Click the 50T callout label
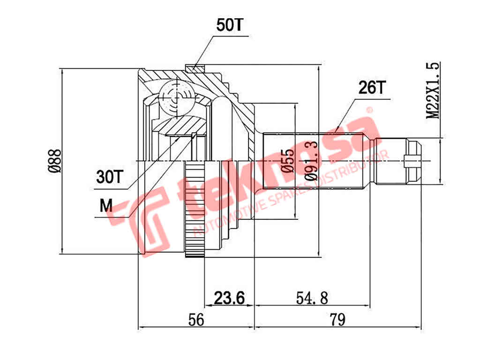[x=230, y=25]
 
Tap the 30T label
[x=109, y=177]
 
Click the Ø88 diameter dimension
[x=55, y=161]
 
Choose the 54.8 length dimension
[x=312, y=297]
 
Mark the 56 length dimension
[x=196, y=320]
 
